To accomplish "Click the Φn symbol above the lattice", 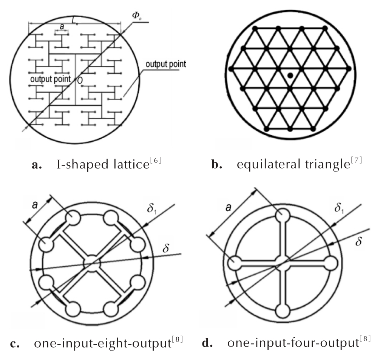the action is coord(137,15).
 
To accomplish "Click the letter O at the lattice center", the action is coord(80,80).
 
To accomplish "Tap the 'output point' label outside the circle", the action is coord(165,64).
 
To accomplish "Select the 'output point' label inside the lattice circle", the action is coord(50,79).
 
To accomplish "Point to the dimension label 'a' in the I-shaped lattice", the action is coord(62,26).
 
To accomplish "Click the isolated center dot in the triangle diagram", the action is coord(290,76).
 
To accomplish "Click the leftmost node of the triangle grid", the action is coord(231,69).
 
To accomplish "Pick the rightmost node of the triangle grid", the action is coord(349,69).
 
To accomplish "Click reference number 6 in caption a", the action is coord(156,160).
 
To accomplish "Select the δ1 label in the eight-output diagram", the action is coord(151,209).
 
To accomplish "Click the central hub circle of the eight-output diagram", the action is coord(92,263).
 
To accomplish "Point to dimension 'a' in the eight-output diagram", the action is coord(35,205).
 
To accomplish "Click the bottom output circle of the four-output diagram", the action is coord(283,311).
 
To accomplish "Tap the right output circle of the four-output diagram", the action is coord(330,263).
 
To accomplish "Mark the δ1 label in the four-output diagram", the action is coord(339,208).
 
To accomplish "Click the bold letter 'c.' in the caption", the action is coord(15,344).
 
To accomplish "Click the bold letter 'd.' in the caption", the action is coord(207,343).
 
